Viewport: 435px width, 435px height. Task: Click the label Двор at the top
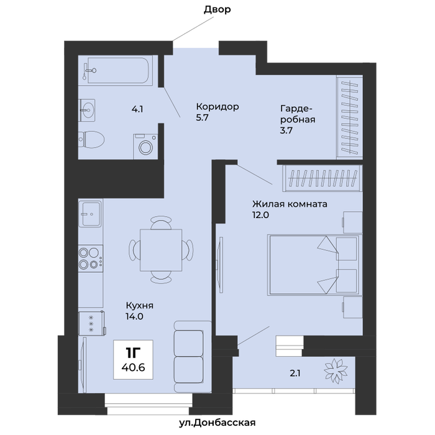click(217, 9)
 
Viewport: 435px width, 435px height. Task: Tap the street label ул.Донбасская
click(217, 423)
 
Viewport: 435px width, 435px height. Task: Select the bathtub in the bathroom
click(118, 70)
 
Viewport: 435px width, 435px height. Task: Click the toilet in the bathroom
click(91, 140)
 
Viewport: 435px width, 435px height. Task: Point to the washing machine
click(145, 147)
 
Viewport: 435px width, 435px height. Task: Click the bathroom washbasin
click(87, 110)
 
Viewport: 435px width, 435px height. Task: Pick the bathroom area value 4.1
click(137, 109)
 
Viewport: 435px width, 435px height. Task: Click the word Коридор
click(217, 106)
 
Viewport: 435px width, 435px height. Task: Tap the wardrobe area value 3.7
click(286, 130)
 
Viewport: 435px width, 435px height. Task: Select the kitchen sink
click(91, 214)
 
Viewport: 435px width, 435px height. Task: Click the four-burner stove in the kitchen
click(91, 259)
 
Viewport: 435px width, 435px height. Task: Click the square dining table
click(161, 250)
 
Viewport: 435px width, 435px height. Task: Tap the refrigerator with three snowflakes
click(92, 323)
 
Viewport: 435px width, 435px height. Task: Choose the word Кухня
click(140, 306)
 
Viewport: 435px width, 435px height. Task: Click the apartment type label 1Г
click(133, 353)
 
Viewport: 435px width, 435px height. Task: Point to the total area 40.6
click(133, 368)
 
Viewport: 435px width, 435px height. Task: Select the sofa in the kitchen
click(193, 357)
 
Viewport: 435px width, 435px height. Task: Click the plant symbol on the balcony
click(336, 370)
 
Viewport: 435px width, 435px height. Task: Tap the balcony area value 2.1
click(295, 373)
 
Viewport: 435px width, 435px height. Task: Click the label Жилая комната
click(290, 204)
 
